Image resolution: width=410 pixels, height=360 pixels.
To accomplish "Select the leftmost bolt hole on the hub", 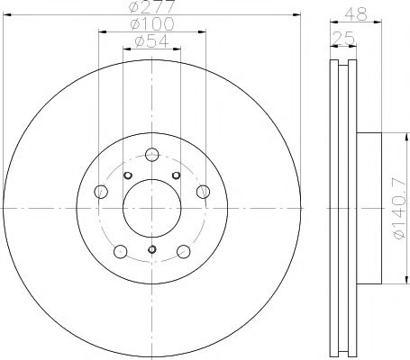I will (101, 191).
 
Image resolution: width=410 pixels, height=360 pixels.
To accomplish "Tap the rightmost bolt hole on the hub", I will (203, 190).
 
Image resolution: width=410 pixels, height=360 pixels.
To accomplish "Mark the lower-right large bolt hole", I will (183, 250).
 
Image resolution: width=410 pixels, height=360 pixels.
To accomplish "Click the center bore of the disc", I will (151, 207).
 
